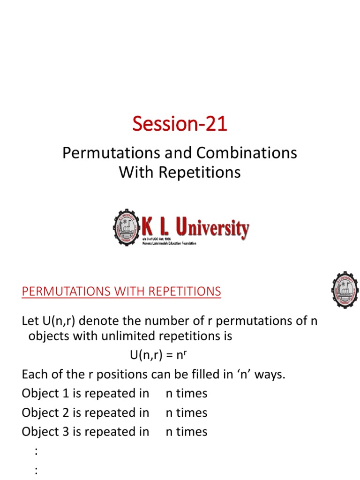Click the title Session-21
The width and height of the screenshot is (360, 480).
coord(180,124)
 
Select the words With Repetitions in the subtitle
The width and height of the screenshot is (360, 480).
coord(180,172)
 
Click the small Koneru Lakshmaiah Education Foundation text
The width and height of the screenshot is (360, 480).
coord(169,244)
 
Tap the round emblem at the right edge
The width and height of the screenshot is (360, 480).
coord(345,290)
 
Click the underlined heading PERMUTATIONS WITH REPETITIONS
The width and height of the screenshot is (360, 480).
coord(121,292)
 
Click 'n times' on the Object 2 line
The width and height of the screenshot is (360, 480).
coord(187,412)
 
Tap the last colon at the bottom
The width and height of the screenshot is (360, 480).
coord(36,471)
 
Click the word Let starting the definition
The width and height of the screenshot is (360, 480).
coord(30,322)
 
